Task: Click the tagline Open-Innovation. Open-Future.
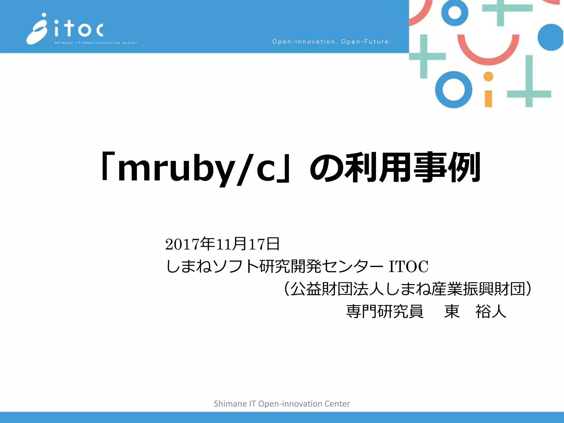coord(331,42)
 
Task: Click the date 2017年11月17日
coord(223,244)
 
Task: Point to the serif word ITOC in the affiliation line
coord(408,266)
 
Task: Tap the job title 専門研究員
coord(385,311)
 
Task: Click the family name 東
coord(452,311)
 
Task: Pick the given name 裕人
coord(490,311)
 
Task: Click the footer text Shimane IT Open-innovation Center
coord(282,404)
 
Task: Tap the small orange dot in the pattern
coord(488,77)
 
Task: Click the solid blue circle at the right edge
coord(551,37)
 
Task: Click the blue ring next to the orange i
coord(454,90)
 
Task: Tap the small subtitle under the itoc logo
coord(96,43)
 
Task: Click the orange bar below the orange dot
coord(488,98)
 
